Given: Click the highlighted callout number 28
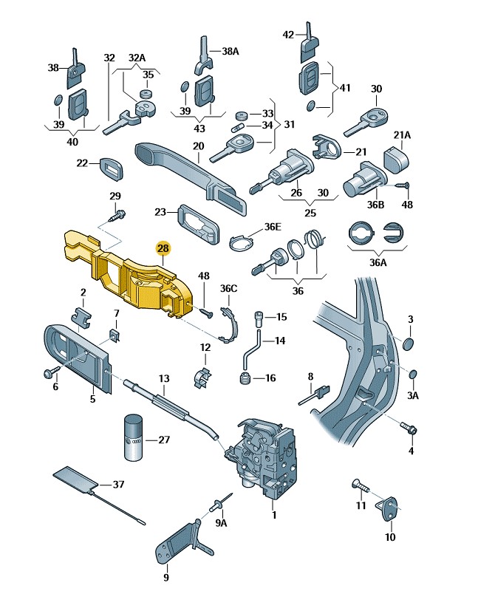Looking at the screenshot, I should pyautogui.click(x=163, y=249).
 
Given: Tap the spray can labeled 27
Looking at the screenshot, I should pyautogui.click(x=134, y=438).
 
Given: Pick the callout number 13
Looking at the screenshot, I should pyautogui.click(x=163, y=378).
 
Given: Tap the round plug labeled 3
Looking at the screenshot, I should pyautogui.click(x=409, y=344).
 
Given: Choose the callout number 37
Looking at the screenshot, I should pyautogui.click(x=118, y=485).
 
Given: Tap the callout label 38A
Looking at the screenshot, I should pyautogui.click(x=231, y=52).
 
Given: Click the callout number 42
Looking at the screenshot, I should pyautogui.click(x=289, y=34).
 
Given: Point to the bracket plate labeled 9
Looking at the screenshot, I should pyautogui.click(x=177, y=543).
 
